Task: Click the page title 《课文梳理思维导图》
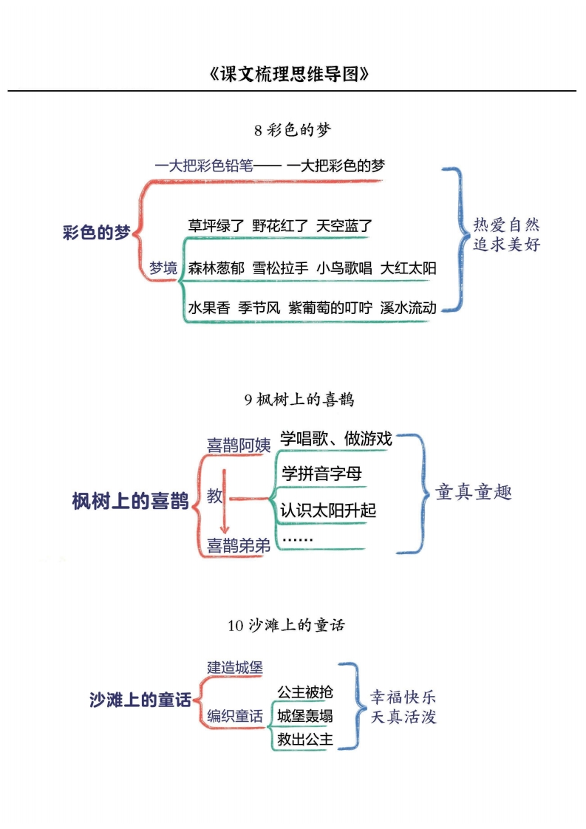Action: [x=289, y=73]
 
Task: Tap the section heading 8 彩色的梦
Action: [x=293, y=129]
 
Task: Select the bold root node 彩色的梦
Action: [x=96, y=232]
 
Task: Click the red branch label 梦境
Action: [x=163, y=268]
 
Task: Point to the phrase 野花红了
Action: [x=280, y=226]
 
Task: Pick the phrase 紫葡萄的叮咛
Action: [x=330, y=307]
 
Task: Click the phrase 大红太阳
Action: [x=409, y=268]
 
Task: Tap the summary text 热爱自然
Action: [x=506, y=225]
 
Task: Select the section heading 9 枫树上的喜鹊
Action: [x=299, y=399]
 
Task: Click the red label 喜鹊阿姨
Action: [x=239, y=446]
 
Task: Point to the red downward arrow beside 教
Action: [x=225, y=501]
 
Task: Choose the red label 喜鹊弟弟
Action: [x=239, y=545]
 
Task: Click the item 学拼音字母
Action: [x=321, y=473]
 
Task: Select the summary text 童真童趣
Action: [x=474, y=491]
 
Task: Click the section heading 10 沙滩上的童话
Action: [x=286, y=625]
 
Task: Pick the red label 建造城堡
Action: [x=235, y=667]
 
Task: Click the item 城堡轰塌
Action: [x=305, y=716]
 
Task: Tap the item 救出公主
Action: [x=305, y=739]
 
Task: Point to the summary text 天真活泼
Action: [x=403, y=717]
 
